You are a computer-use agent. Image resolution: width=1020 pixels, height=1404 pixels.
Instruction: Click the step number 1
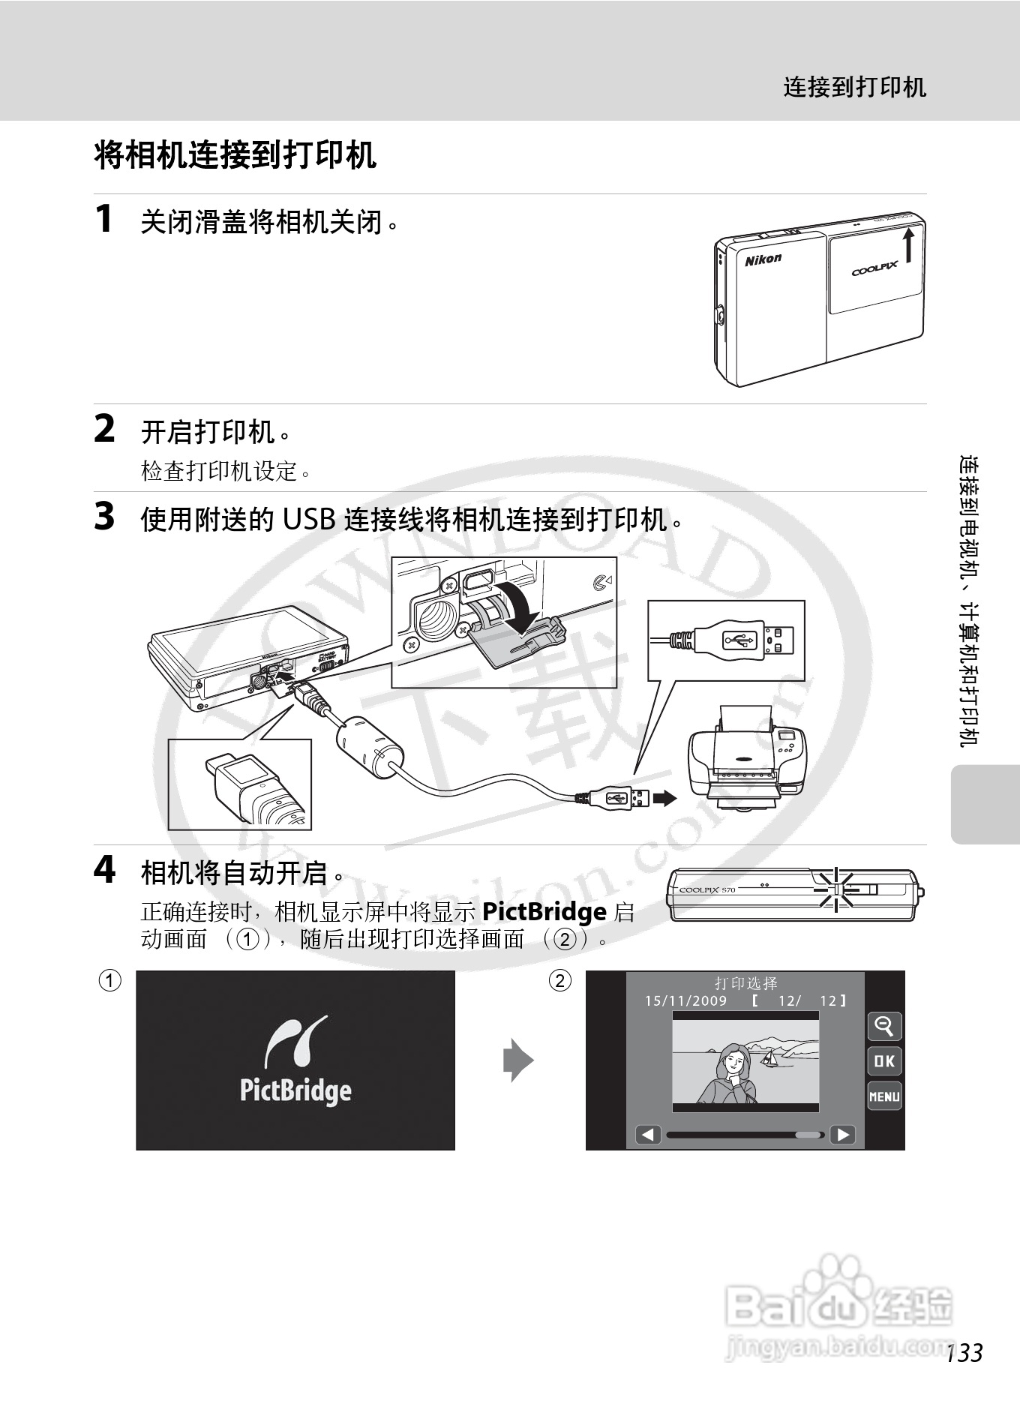(104, 219)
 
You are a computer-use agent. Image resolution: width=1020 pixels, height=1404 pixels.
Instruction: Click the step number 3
(104, 517)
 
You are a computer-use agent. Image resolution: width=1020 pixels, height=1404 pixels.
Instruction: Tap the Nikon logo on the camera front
(763, 259)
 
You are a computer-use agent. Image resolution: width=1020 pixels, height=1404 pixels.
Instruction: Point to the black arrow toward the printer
(664, 798)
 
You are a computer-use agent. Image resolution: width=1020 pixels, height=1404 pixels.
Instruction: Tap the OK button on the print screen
(884, 1060)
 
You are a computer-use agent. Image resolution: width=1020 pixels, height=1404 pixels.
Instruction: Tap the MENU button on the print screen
(884, 1096)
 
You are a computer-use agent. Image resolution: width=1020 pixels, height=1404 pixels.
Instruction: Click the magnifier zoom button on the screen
(884, 1025)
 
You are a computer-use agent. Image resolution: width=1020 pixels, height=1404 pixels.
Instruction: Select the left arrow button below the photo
(648, 1135)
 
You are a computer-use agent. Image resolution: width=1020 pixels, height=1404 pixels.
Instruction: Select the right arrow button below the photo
(842, 1135)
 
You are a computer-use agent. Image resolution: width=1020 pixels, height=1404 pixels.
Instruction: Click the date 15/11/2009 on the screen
(685, 1000)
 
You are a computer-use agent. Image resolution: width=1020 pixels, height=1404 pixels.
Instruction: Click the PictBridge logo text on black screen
(295, 1090)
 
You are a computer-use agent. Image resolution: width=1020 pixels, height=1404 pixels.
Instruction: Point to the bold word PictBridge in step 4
(544, 912)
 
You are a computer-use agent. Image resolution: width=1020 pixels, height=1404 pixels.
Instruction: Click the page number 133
(964, 1353)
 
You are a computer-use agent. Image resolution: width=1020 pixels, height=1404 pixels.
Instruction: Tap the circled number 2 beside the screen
(559, 980)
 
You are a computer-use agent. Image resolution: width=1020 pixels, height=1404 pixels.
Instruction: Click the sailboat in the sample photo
(769, 1058)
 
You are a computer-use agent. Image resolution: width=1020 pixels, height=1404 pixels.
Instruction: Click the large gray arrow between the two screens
(517, 1060)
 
